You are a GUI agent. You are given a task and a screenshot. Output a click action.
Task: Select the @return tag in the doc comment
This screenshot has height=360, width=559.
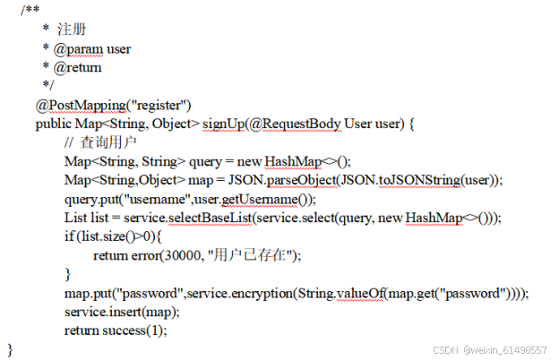click(77, 67)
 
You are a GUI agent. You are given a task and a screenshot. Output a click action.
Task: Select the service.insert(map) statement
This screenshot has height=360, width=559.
click(122, 312)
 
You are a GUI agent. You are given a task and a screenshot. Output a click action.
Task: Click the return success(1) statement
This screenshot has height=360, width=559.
click(116, 330)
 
